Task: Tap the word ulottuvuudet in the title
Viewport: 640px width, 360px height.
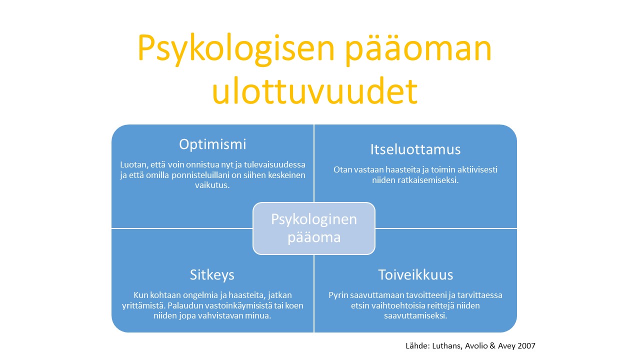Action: point(314,91)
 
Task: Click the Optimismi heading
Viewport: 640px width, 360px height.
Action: point(212,144)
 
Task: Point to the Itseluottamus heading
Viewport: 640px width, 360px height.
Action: point(415,149)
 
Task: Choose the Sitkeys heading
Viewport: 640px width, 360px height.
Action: point(212,274)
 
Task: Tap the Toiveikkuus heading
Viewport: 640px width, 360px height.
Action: point(415,274)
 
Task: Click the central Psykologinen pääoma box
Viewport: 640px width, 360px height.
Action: point(314,228)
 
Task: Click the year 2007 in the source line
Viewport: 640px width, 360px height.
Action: point(526,345)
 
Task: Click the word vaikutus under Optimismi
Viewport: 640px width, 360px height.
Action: point(212,184)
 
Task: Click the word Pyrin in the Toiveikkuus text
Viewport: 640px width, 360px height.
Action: point(338,295)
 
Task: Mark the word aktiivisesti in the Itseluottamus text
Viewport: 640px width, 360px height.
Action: point(474,169)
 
